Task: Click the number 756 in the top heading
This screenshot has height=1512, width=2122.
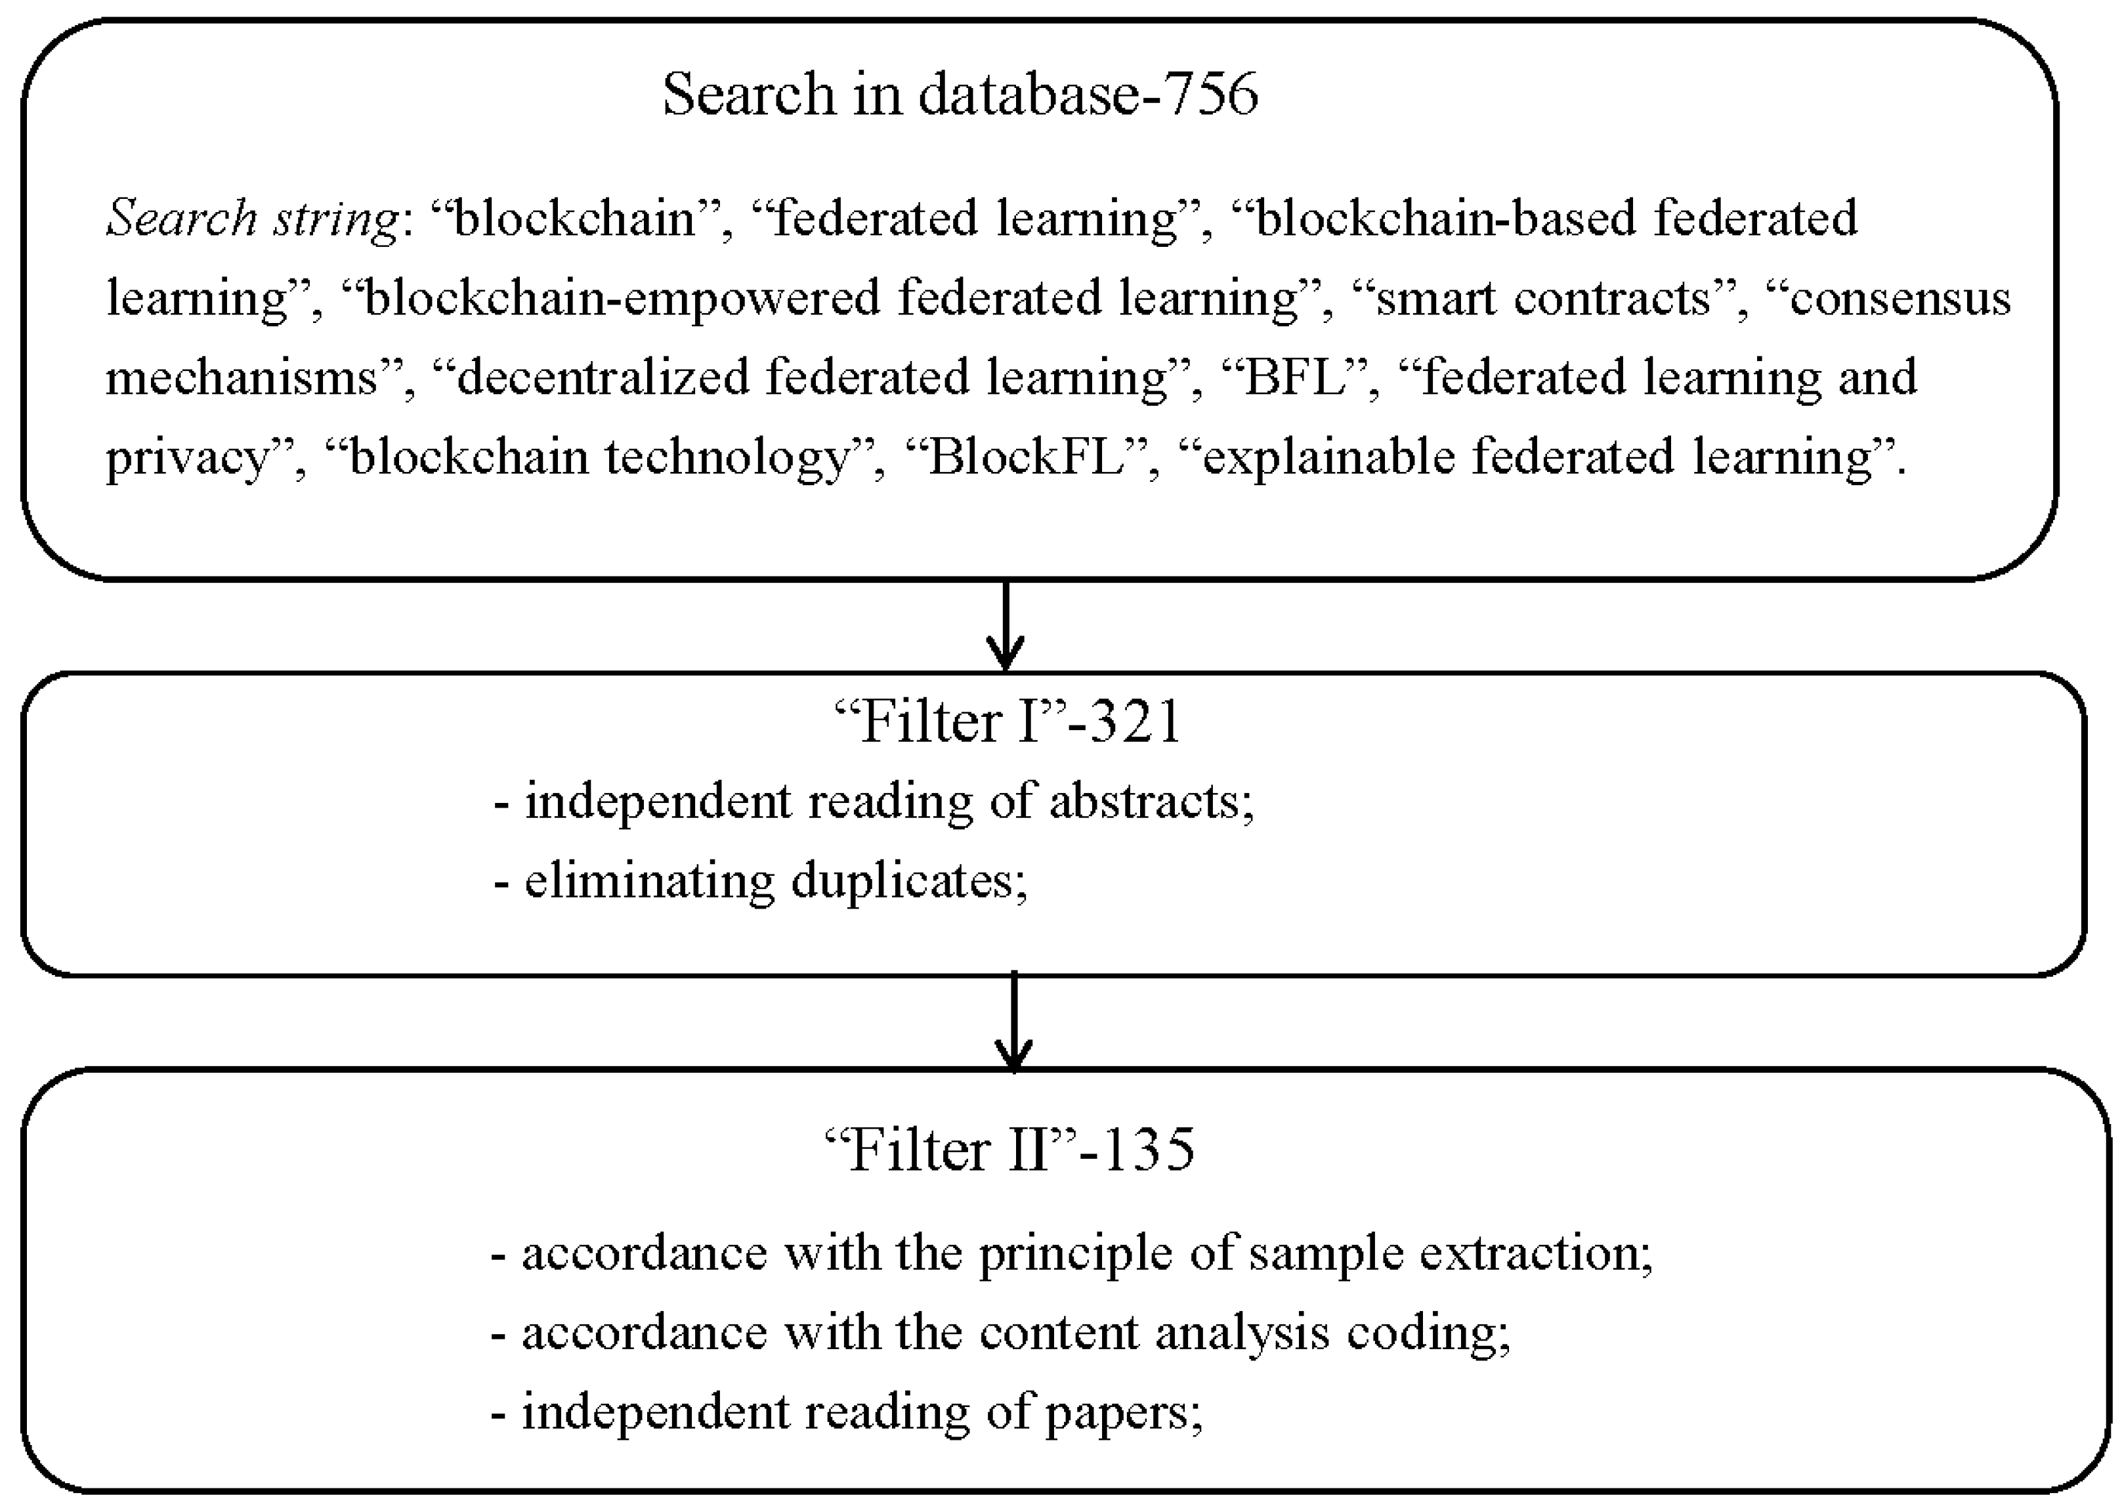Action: (x=1210, y=95)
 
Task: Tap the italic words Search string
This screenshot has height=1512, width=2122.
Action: (x=251, y=219)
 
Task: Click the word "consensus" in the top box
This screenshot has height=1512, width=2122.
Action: (x=1899, y=299)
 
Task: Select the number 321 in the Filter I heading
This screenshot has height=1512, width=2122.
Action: (x=1135, y=722)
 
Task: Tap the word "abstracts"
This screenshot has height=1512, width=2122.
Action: (x=1145, y=802)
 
